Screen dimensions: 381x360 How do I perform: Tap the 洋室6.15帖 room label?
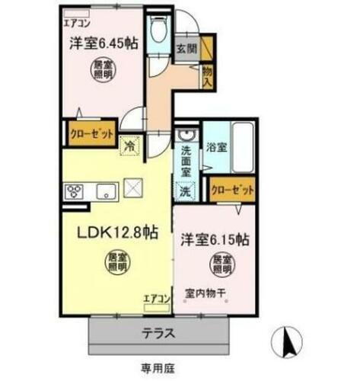[x=215, y=238]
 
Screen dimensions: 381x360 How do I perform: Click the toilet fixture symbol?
[x=158, y=30]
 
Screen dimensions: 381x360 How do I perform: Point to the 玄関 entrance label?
[x=186, y=47]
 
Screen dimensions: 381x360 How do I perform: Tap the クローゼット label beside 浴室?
[x=231, y=191]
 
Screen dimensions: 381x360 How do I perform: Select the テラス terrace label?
[x=161, y=333]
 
